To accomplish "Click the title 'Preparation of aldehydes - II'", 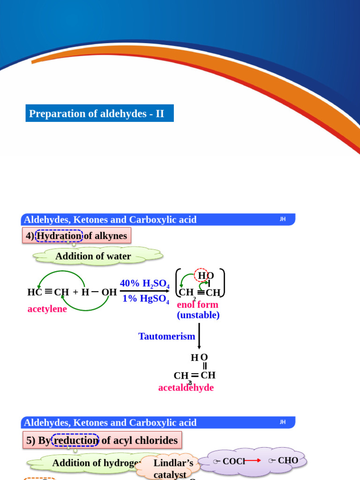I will coord(97,113).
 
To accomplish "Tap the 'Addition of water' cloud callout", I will coord(93,256).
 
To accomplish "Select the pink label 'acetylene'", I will coord(47,309).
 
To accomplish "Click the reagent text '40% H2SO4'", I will coord(144,284).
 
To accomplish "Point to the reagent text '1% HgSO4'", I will coord(145,299).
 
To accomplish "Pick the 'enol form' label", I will coord(197,304).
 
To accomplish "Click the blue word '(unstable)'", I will coord(198,315).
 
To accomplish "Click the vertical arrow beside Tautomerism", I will coord(199,336).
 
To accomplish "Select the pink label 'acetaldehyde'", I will coord(186,388).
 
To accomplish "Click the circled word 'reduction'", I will coord(75,440).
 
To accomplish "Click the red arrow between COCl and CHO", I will coord(253,461).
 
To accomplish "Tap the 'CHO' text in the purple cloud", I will coord(287,460).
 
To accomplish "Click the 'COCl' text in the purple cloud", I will coord(233,461).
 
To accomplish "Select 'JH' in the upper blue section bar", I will coord(283,219).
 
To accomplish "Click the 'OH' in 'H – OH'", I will coord(109,292).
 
